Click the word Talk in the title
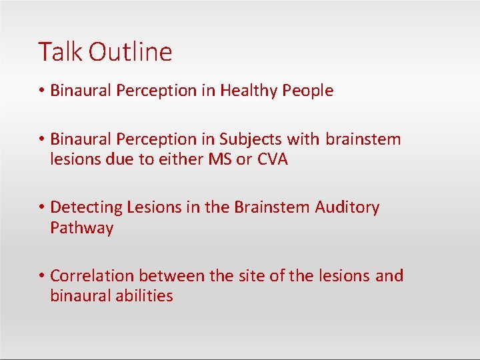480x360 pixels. [61, 52]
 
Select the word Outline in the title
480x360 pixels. [131, 52]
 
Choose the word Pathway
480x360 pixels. [82, 229]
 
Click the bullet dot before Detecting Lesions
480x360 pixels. [41, 208]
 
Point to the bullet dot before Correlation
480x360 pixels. [41, 276]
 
